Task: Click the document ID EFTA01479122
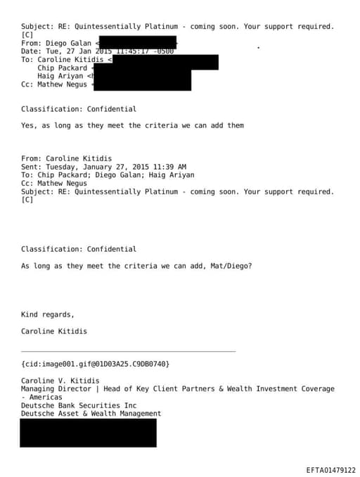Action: (x=330, y=470)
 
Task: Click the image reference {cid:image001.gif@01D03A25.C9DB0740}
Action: (x=95, y=364)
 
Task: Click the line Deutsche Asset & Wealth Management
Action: (x=91, y=414)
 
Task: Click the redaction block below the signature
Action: (x=88, y=433)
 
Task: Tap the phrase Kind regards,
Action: (x=47, y=314)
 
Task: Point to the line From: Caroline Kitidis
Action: (x=66, y=158)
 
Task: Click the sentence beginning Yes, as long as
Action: (x=132, y=126)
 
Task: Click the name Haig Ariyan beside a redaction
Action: (x=60, y=77)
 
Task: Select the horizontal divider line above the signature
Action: (x=128, y=351)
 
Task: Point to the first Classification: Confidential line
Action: (x=79, y=109)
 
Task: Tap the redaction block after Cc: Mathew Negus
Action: (x=142, y=84)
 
